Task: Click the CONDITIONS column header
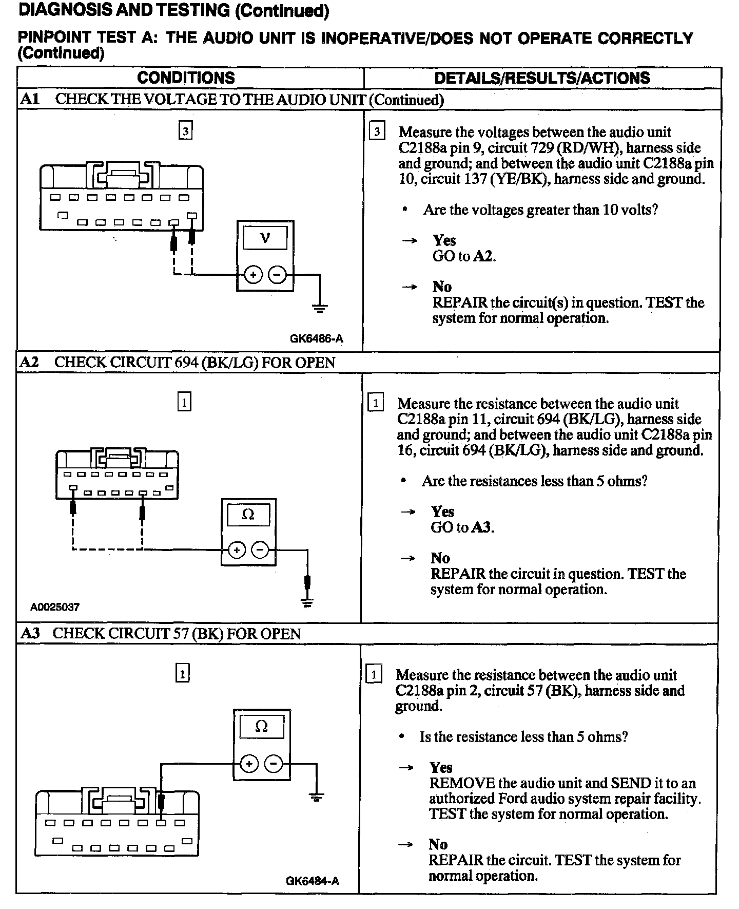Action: [186, 78]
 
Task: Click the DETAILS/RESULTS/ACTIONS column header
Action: [542, 78]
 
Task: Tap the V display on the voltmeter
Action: [265, 238]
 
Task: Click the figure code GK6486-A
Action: [316, 338]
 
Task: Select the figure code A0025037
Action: [55, 607]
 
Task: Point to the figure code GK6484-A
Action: [313, 881]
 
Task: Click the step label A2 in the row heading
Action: [29, 362]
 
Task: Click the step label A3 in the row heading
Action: [30, 633]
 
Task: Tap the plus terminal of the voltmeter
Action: [252, 275]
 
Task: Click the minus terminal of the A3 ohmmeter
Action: [273, 764]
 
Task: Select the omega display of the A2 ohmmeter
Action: [248, 514]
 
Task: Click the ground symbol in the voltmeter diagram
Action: [319, 308]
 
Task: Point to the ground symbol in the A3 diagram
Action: [316, 797]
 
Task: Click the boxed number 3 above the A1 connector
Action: [185, 131]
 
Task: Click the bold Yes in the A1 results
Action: [444, 240]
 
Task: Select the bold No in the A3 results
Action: [438, 844]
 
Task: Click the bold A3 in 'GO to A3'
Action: [482, 527]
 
